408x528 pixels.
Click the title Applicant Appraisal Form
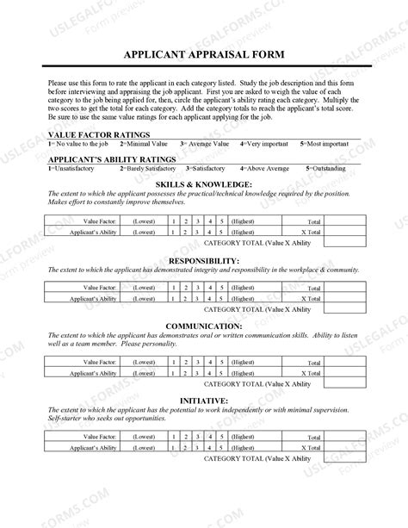coord(203,54)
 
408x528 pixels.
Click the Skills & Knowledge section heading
coord(203,184)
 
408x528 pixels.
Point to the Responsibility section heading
coord(203,260)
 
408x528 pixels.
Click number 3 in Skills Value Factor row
coord(197,221)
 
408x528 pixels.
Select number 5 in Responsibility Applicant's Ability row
coord(221,297)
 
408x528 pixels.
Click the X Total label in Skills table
coord(310,232)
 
